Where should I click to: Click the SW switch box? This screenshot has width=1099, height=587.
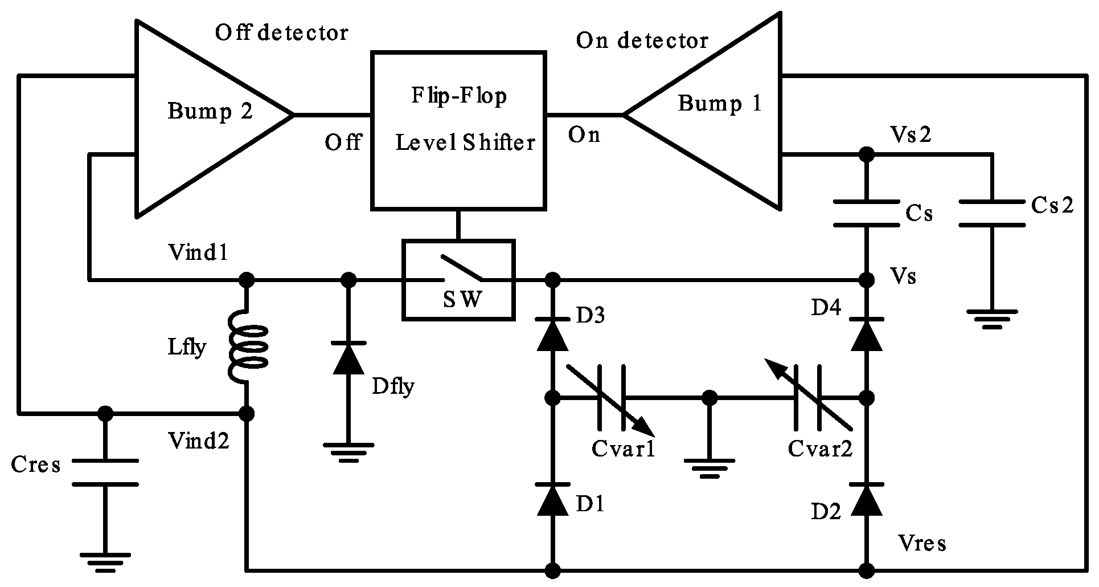point(458,279)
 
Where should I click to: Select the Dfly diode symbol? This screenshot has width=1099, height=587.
point(348,358)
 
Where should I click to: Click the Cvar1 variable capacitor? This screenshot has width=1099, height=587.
point(612,398)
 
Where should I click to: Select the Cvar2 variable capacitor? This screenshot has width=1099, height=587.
point(807,398)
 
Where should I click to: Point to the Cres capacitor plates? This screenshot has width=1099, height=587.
point(105,472)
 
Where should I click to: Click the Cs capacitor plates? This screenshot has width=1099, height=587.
point(866,213)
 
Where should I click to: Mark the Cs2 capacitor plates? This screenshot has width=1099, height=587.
point(991,213)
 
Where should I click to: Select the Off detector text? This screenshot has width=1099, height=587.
point(281,32)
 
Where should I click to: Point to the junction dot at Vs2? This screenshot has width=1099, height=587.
point(866,154)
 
